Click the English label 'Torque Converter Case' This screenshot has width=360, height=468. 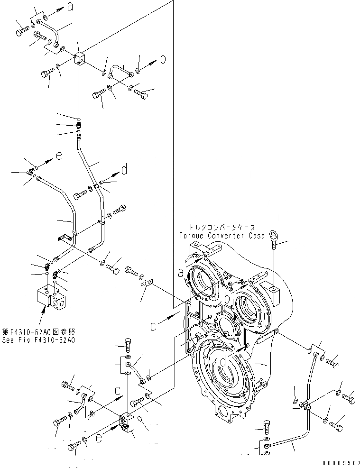222,236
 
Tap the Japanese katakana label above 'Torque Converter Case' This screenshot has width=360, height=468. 222,228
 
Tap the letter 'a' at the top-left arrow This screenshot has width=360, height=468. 71,7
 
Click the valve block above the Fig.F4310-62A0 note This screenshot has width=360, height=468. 49,298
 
